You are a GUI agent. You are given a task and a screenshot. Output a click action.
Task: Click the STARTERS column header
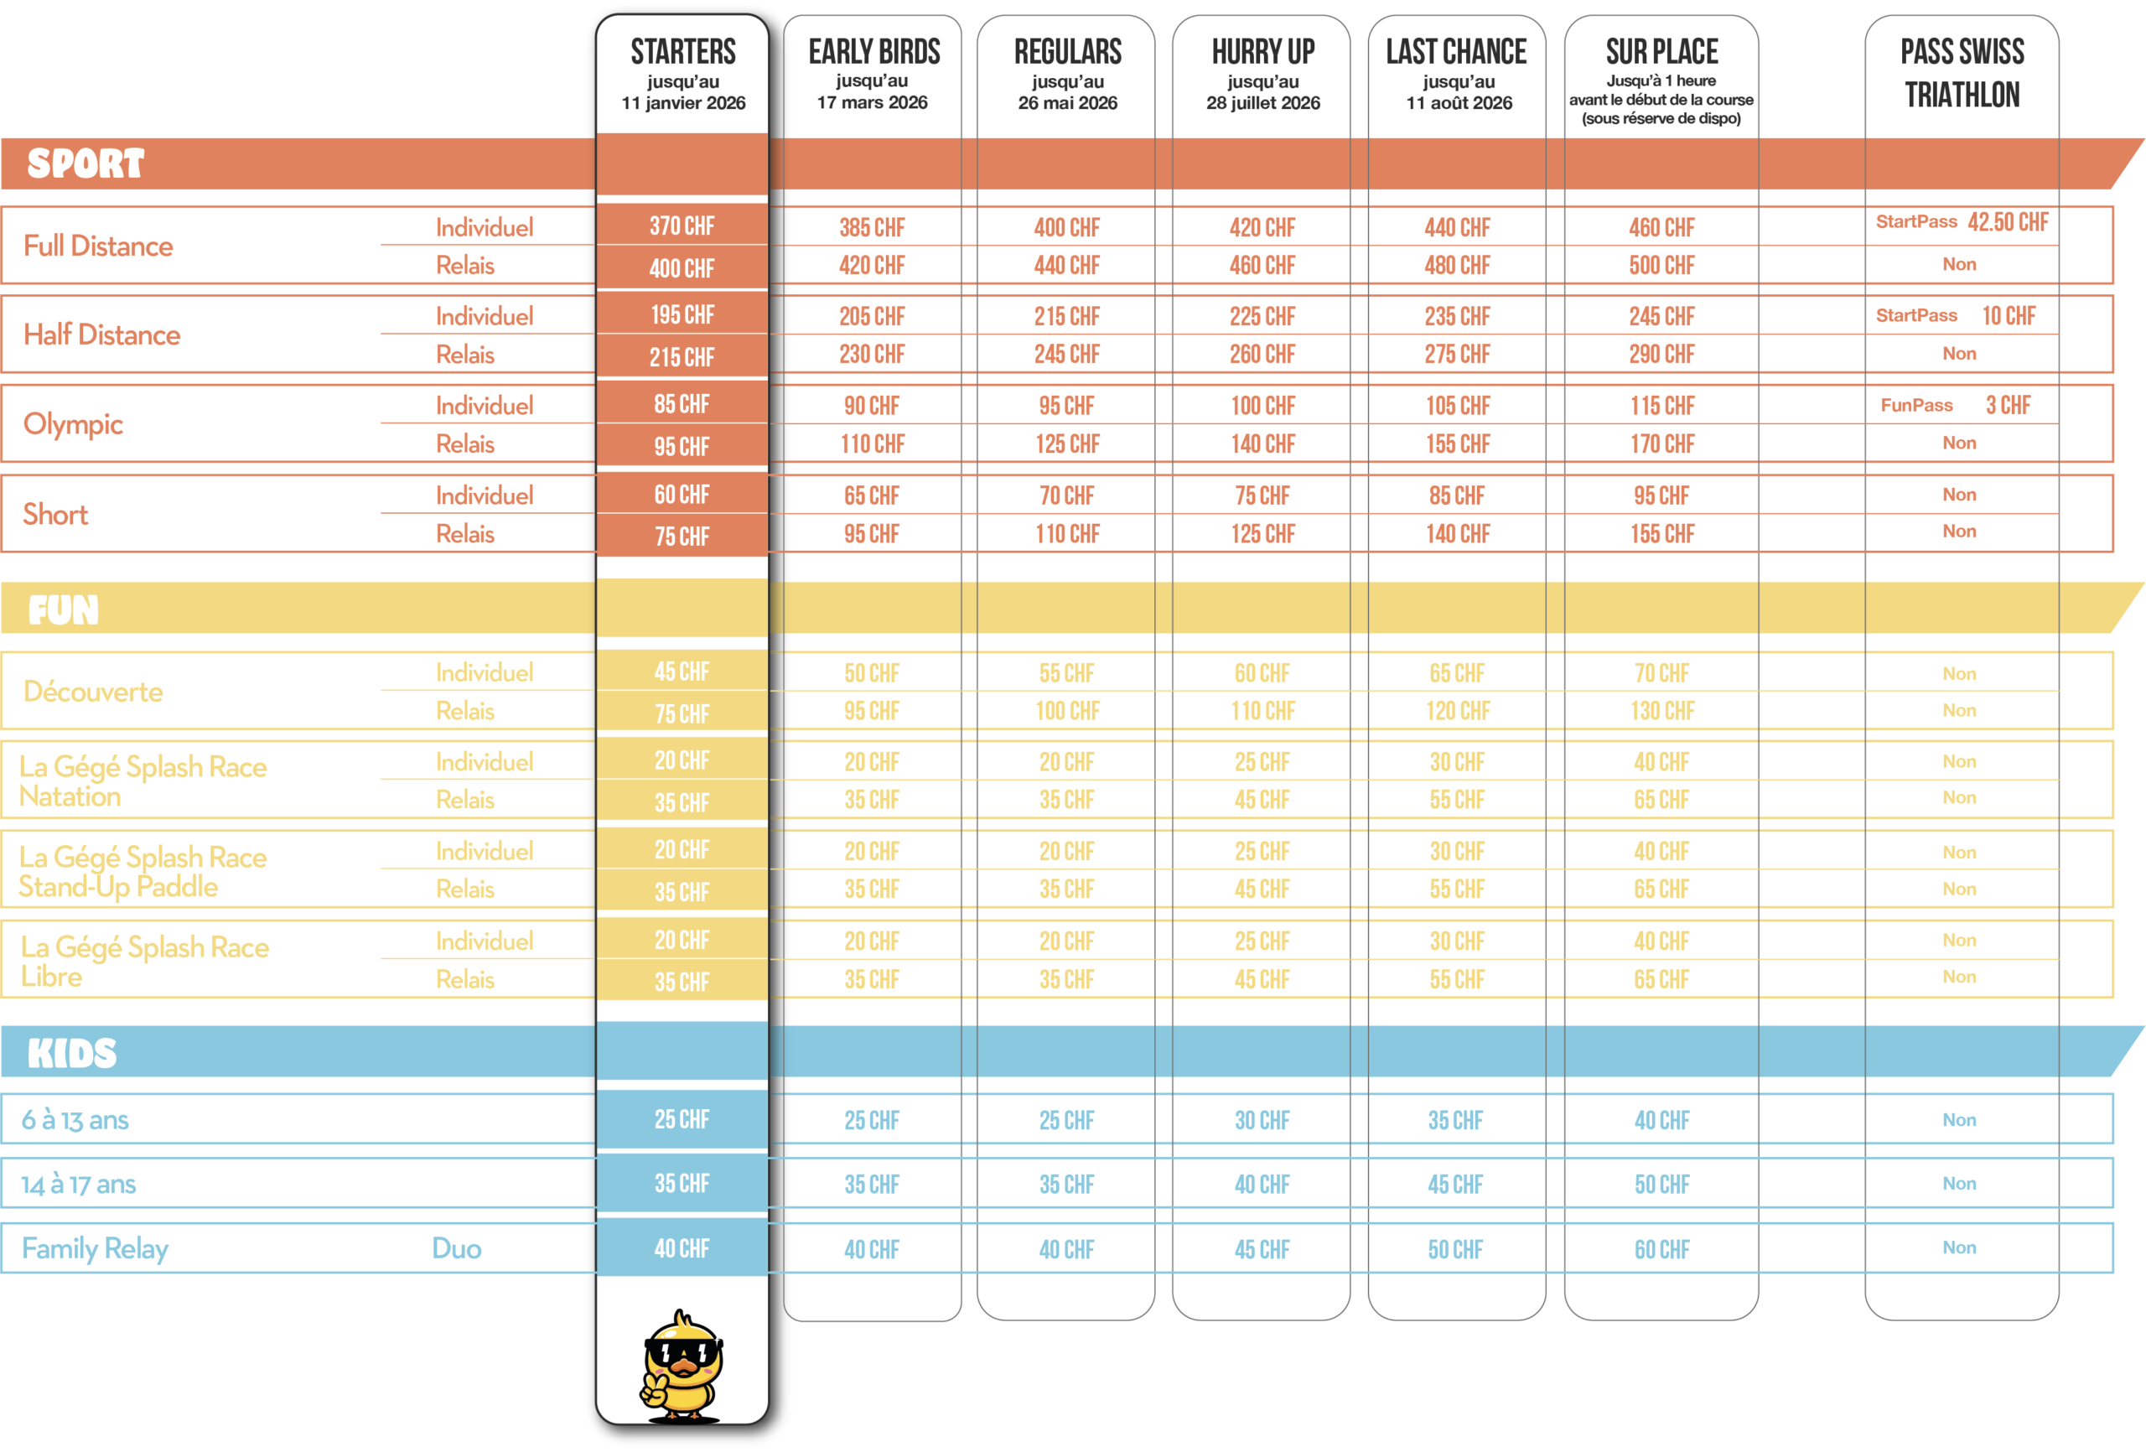click(682, 52)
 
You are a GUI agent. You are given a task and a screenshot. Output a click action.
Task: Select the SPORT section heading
click(86, 163)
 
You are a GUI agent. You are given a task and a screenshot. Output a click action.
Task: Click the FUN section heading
click(63, 609)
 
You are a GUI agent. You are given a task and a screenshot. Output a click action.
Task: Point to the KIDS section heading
click(72, 1053)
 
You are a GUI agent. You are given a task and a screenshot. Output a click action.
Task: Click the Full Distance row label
click(98, 246)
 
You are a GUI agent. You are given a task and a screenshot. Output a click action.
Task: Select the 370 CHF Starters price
click(682, 226)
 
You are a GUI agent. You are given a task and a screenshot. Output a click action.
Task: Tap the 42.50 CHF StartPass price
click(2008, 221)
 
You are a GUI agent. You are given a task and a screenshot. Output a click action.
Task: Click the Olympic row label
click(73, 424)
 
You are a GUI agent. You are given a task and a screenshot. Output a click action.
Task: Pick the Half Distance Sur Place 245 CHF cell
click(1661, 317)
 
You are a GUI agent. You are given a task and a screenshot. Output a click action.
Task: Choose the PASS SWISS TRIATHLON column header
click(1962, 72)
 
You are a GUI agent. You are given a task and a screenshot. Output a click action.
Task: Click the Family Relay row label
click(95, 1249)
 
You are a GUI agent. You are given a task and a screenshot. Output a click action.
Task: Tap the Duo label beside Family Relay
click(457, 1249)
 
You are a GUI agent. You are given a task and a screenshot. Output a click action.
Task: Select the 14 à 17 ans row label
click(79, 1184)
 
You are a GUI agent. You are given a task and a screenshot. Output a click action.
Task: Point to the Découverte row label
click(93, 692)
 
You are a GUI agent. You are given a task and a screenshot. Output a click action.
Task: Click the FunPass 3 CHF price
click(2008, 406)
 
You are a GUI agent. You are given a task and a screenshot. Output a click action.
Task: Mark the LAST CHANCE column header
click(1456, 52)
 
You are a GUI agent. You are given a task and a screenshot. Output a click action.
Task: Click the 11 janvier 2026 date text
click(683, 102)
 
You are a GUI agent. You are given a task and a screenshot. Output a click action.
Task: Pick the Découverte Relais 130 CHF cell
click(1662, 711)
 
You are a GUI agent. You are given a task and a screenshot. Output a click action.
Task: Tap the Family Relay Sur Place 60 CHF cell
click(1661, 1250)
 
